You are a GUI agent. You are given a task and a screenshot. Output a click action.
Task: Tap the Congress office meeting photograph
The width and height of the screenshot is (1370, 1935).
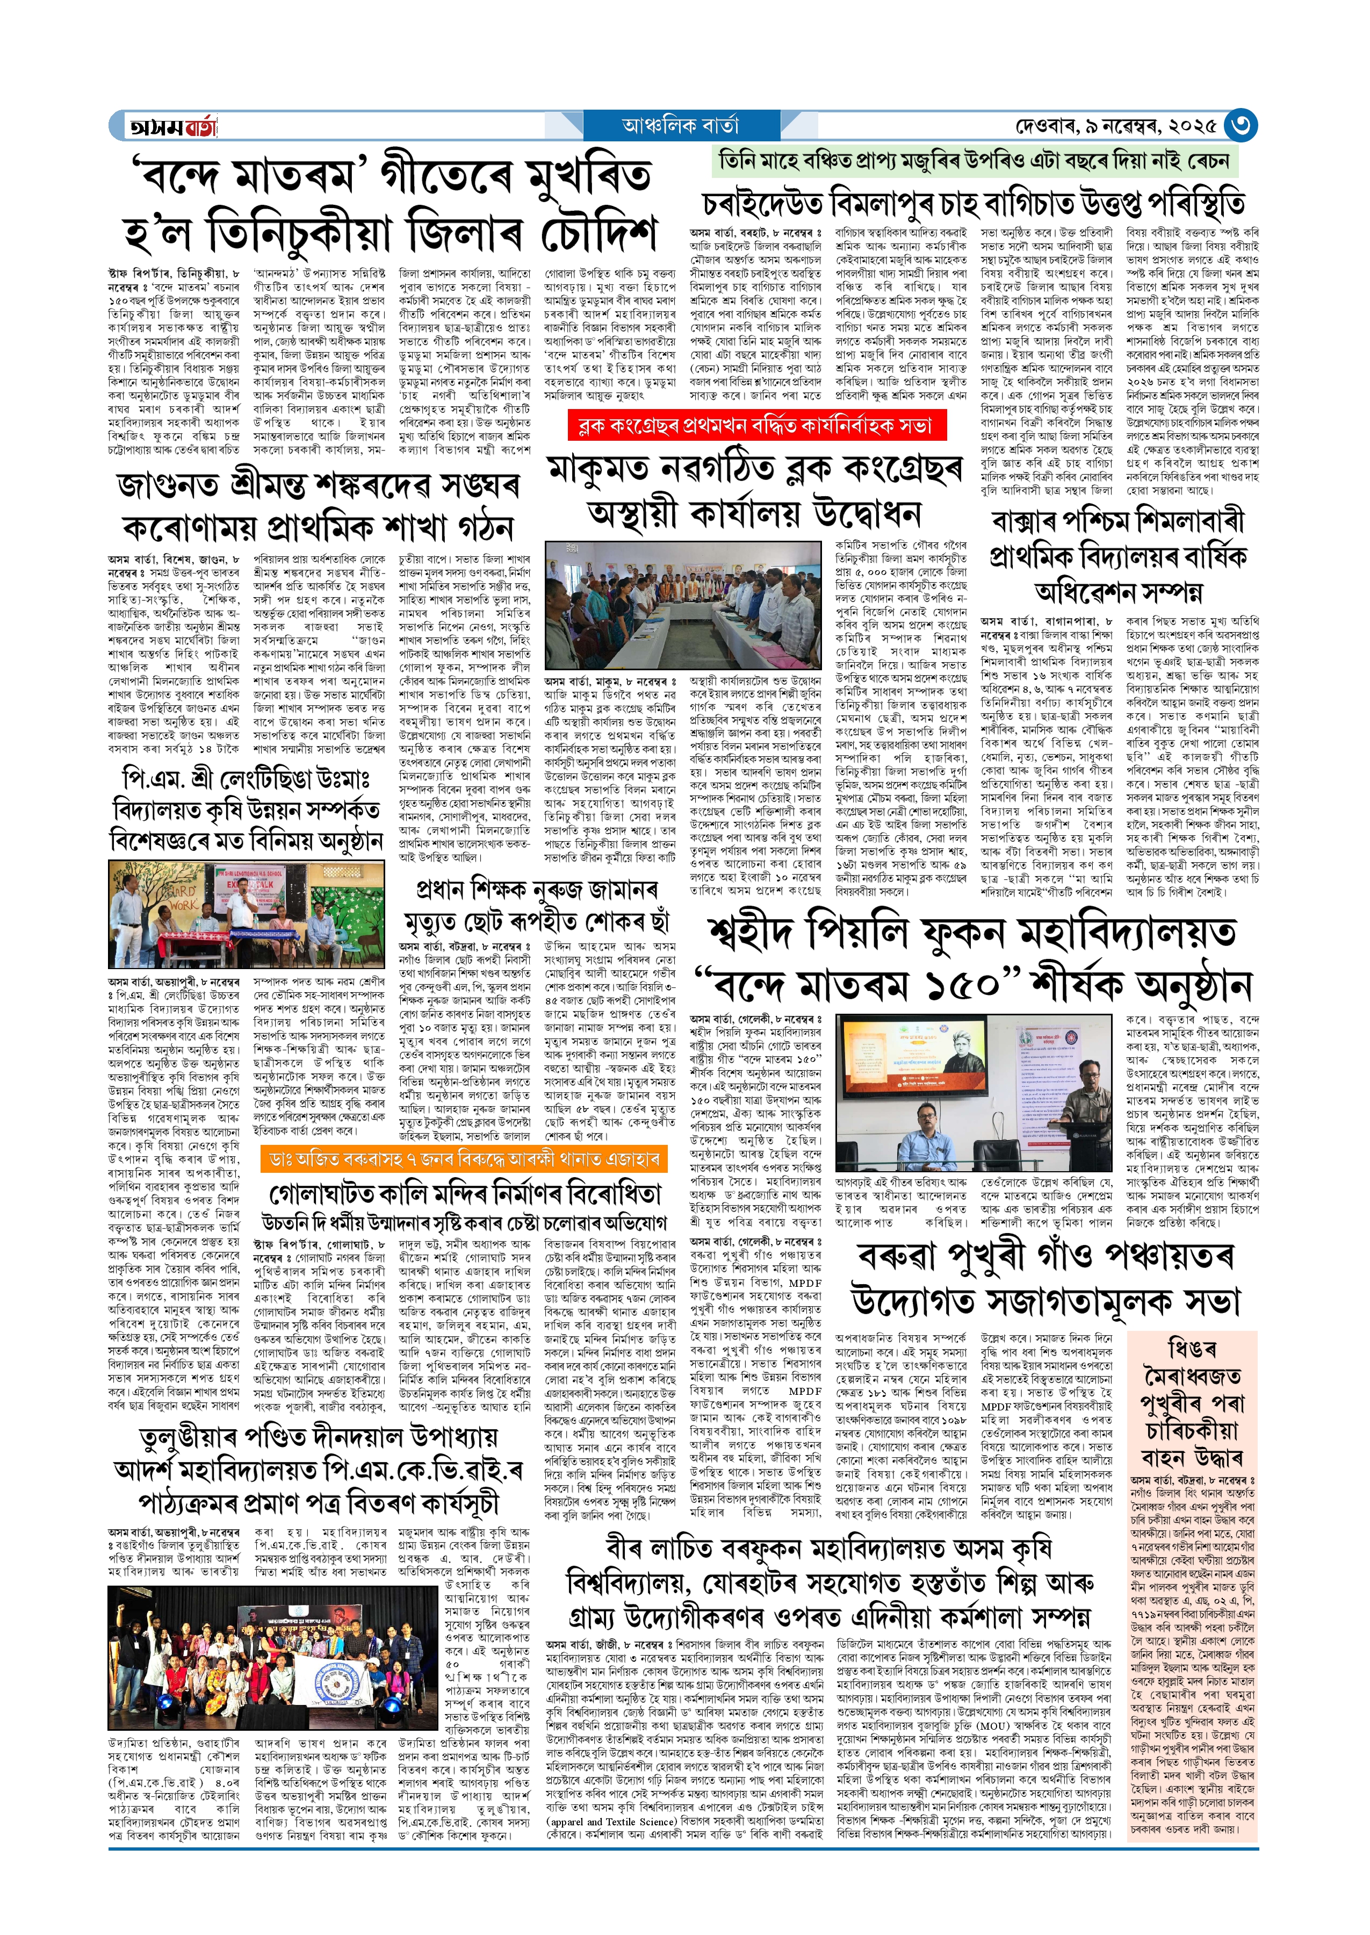click(682, 605)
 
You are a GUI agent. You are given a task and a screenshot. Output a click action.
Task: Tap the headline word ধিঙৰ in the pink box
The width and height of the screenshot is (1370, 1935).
click(1191, 1348)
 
